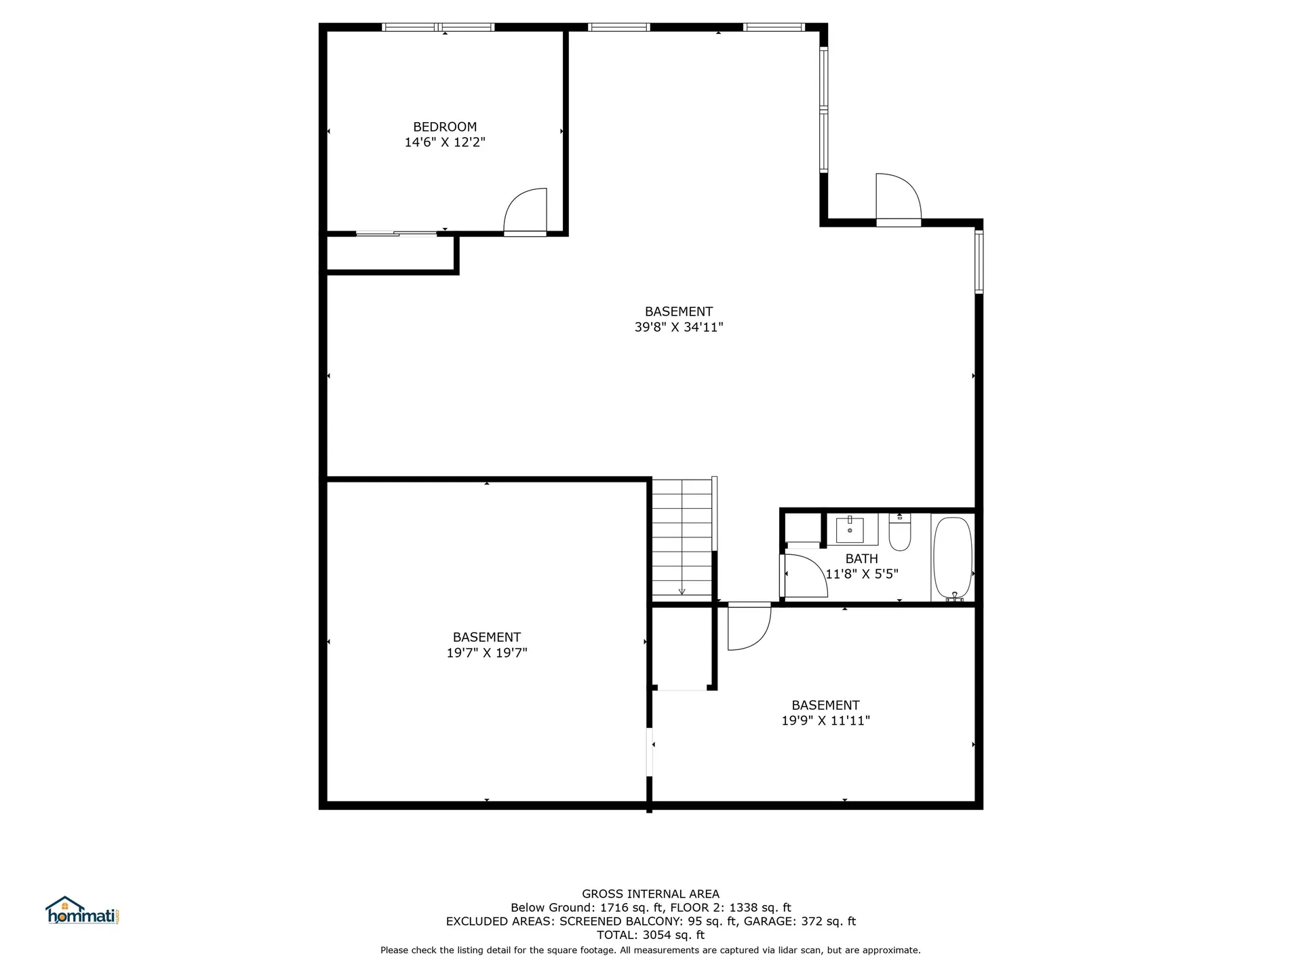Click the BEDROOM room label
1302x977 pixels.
click(445, 127)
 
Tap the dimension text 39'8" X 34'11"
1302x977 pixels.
click(679, 327)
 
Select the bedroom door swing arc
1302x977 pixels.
click(524, 210)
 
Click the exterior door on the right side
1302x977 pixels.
click(899, 199)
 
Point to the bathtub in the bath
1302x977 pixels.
click(953, 558)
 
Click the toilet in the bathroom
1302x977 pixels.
click(900, 534)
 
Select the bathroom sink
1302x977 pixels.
click(850, 529)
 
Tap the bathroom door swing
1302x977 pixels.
click(804, 575)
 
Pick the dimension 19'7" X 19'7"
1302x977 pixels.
click(487, 653)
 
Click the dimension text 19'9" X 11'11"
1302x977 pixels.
click(825, 721)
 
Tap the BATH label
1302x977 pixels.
click(861, 558)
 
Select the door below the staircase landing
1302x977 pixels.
click(749, 626)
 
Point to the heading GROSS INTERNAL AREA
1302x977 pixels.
click(650, 894)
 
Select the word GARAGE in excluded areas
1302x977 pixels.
click(766, 921)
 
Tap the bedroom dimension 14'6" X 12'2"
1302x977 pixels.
click(445, 142)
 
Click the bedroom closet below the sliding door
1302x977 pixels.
click(390, 253)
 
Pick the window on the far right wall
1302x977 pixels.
click(979, 262)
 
